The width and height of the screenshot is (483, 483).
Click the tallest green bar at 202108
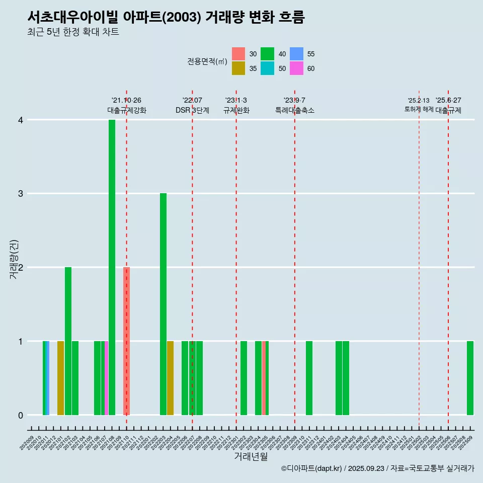(112, 267)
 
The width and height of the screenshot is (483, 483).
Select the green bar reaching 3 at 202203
(163, 304)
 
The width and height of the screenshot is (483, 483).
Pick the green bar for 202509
(470, 378)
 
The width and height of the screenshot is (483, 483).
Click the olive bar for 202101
(60, 378)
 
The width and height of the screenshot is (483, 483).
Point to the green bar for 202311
(309, 378)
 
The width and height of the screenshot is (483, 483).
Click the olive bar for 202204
(170, 378)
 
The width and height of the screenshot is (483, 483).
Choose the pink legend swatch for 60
(296, 68)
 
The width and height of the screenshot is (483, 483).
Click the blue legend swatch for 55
(296, 54)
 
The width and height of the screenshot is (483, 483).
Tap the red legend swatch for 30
(238, 54)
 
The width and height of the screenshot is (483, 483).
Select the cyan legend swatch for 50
(268, 68)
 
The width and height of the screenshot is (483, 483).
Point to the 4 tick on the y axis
(21, 120)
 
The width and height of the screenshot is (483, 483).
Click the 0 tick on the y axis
(21, 415)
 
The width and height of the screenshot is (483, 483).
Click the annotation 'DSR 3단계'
(192, 110)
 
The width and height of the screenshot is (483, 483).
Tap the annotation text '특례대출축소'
(295, 110)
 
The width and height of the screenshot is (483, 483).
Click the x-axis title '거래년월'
(251, 456)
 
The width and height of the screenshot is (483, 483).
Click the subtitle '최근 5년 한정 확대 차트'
(73, 32)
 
